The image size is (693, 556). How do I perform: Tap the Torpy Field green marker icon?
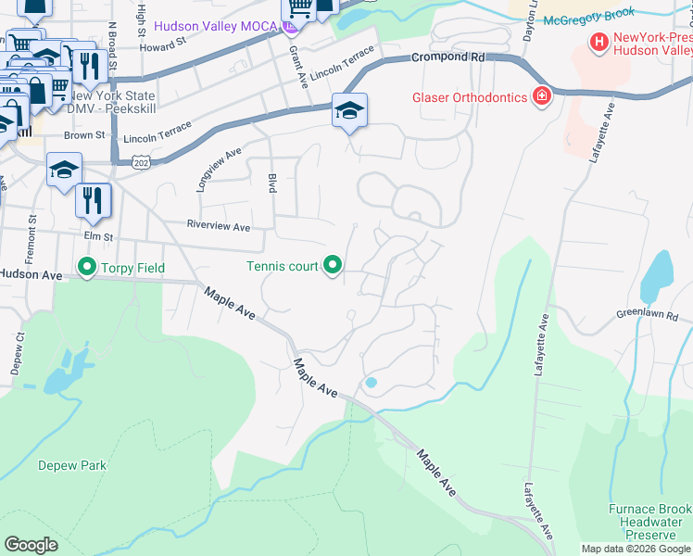(x=88, y=268)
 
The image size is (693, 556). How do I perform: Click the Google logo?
(x=31, y=544)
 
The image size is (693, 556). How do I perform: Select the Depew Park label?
(x=72, y=466)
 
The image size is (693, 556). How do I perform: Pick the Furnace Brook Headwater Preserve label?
(x=649, y=523)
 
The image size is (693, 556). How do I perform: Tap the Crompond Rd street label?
(x=448, y=57)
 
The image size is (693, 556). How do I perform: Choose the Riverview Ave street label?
(x=219, y=226)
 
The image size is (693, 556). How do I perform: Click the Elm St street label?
(x=97, y=235)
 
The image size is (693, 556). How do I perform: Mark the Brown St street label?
(x=84, y=135)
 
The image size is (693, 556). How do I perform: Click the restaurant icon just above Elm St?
(x=94, y=200)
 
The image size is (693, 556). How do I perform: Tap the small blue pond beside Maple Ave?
(x=371, y=382)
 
